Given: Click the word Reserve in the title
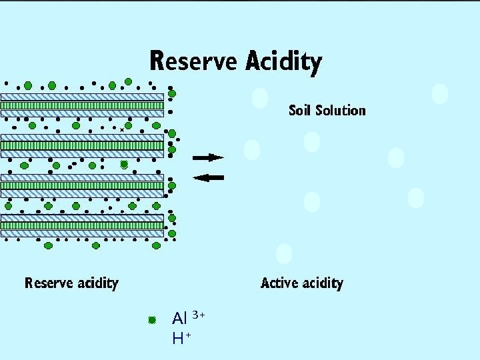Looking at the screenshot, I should (193, 61).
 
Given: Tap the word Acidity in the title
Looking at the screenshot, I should (283, 63).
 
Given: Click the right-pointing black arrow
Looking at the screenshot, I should (208, 157).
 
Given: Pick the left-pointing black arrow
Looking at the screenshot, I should (208, 177).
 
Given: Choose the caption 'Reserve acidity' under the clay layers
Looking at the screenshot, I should (71, 283).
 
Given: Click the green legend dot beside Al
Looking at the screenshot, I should (152, 320).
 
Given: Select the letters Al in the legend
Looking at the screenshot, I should (179, 318).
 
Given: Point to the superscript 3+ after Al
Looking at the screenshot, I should (199, 314).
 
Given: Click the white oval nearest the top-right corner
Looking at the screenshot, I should (440, 93).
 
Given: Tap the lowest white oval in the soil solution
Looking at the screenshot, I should (284, 254).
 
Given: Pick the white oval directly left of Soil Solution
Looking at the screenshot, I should (260, 98).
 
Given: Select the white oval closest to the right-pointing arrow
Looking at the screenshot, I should (252, 150).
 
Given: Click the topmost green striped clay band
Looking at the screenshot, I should (82, 105).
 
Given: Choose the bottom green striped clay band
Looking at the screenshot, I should (82, 225).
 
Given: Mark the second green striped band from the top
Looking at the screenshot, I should (82, 145).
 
